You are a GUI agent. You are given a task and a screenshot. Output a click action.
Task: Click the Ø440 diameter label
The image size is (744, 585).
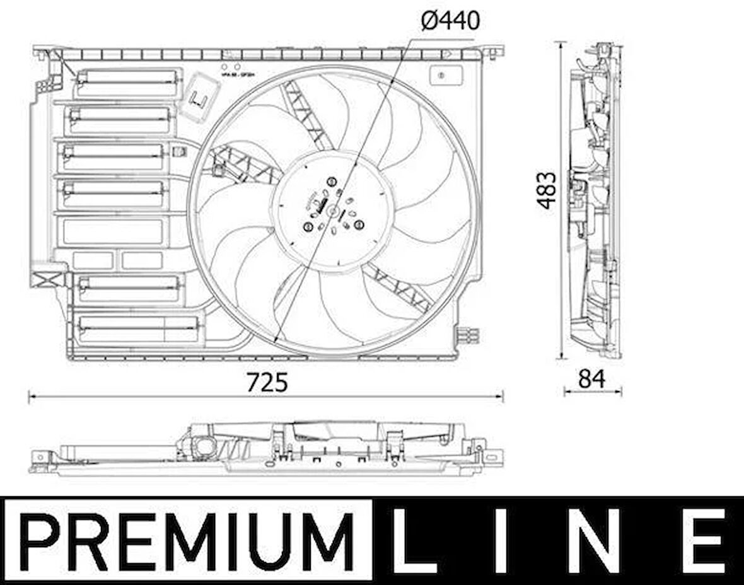tap(450, 21)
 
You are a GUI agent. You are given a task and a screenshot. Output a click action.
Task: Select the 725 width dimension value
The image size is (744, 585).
tap(267, 382)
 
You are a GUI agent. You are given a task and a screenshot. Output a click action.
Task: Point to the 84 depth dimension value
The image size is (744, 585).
tap(591, 378)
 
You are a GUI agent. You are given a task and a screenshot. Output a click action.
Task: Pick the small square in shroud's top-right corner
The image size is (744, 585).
tap(441, 75)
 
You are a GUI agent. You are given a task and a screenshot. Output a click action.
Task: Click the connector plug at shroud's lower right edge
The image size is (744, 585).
tap(469, 335)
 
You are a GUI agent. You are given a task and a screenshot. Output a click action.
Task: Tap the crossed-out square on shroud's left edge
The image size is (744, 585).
tap(48, 279)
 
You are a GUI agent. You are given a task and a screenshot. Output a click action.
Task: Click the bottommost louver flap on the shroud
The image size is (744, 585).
tap(137, 328)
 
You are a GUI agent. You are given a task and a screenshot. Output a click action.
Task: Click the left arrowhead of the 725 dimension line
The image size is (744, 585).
tap(32, 397)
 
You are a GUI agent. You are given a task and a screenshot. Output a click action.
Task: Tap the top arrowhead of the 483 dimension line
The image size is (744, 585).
tap(561, 45)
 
